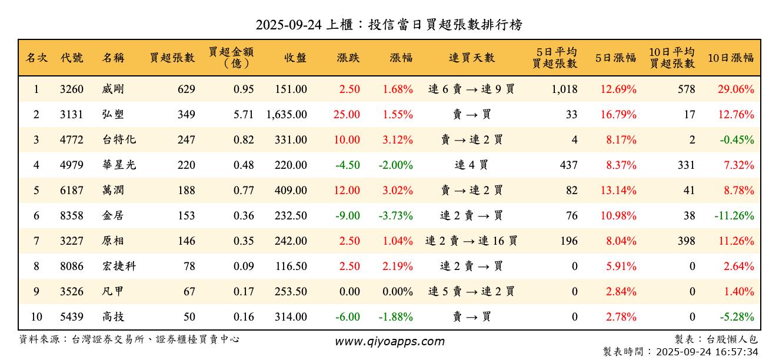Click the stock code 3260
coord(72,89)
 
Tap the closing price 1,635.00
coord(287,115)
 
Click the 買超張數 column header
coord(172,58)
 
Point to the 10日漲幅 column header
coord(731,58)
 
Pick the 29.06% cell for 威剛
coord(735,89)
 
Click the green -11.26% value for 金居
coord(734,216)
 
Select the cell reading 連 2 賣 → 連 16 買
coord(471,241)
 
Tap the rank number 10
coord(36,317)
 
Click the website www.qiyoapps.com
coord(389,341)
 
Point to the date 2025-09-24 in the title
coord(288,25)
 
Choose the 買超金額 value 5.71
coord(244,115)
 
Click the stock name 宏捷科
coord(119,266)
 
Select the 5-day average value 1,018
coord(565,89)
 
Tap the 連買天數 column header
coord(471,58)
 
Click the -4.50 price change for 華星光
coord(347,165)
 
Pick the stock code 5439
coord(72,317)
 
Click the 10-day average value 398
coord(685,241)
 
